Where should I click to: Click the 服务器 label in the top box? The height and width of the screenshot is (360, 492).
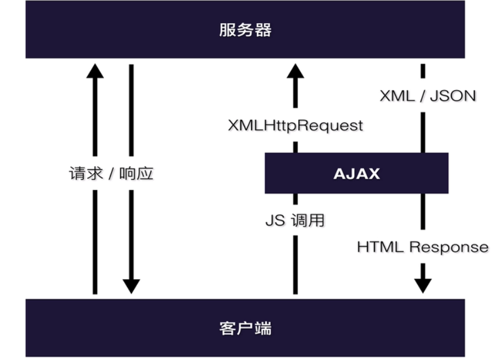[245, 30]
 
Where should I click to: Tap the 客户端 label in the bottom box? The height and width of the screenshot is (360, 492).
[245, 328]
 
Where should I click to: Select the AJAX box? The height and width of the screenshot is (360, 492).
[356, 173]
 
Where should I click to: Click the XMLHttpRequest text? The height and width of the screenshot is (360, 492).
[295, 126]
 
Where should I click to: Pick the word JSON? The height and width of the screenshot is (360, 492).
[453, 95]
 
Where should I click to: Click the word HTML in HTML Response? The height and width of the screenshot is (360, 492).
[380, 247]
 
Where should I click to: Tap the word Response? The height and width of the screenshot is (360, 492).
[449, 248]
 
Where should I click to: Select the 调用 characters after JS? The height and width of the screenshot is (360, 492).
[308, 220]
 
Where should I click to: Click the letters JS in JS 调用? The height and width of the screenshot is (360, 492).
[275, 220]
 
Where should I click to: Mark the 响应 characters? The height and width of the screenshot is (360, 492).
[136, 173]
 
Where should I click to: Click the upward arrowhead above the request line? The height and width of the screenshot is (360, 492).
[95, 71]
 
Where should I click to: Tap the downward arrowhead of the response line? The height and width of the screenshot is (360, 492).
[131, 286]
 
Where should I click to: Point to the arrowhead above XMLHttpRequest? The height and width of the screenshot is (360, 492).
[295, 71]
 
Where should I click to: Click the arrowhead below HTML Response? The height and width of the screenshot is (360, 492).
[423, 286]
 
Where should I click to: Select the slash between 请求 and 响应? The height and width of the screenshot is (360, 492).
[111, 174]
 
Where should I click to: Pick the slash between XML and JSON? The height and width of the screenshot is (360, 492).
[422, 96]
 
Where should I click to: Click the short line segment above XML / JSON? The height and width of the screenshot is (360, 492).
[423, 71]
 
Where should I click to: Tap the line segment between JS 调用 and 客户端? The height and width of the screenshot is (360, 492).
[295, 265]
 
